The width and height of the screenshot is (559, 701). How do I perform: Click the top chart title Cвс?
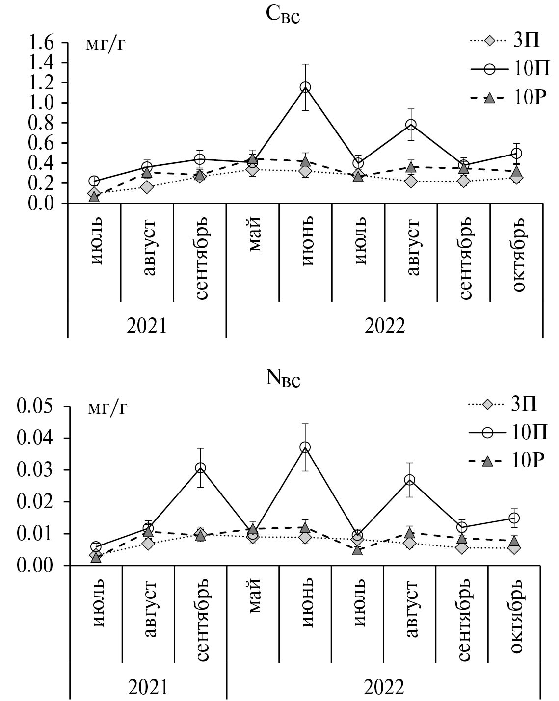coord(282,15)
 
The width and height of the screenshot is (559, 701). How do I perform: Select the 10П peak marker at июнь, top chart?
coord(305,87)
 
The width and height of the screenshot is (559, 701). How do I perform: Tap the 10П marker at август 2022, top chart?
coord(411,125)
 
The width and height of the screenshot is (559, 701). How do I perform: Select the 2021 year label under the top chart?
coord(147,325)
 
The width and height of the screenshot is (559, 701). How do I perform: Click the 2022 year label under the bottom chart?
coord(384,687)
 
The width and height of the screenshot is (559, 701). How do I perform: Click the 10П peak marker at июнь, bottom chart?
coord(305,447)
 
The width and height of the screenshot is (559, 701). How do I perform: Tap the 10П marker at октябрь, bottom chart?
coord(514,518)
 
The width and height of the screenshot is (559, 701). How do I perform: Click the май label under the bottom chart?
coord(254,596)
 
